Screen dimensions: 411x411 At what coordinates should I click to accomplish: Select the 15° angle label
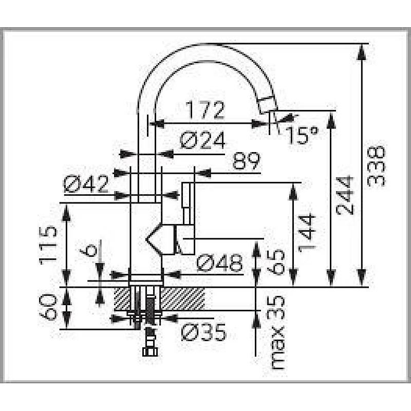click(x=302, y=135)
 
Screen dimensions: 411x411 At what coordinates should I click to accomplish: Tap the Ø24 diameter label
click(x=203, y=140)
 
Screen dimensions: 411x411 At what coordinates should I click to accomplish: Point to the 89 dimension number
click(x=246, y=162)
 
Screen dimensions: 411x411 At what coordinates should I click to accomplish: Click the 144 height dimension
click(x=306, y=232)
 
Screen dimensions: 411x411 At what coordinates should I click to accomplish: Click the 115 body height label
click(x=48, y=245)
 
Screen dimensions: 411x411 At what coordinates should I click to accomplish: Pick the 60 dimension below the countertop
click(x=48, y=307)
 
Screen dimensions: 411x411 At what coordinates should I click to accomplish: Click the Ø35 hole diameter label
click(x=203, y=333)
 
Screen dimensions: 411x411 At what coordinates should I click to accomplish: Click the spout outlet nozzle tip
click(x=267, y=105)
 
